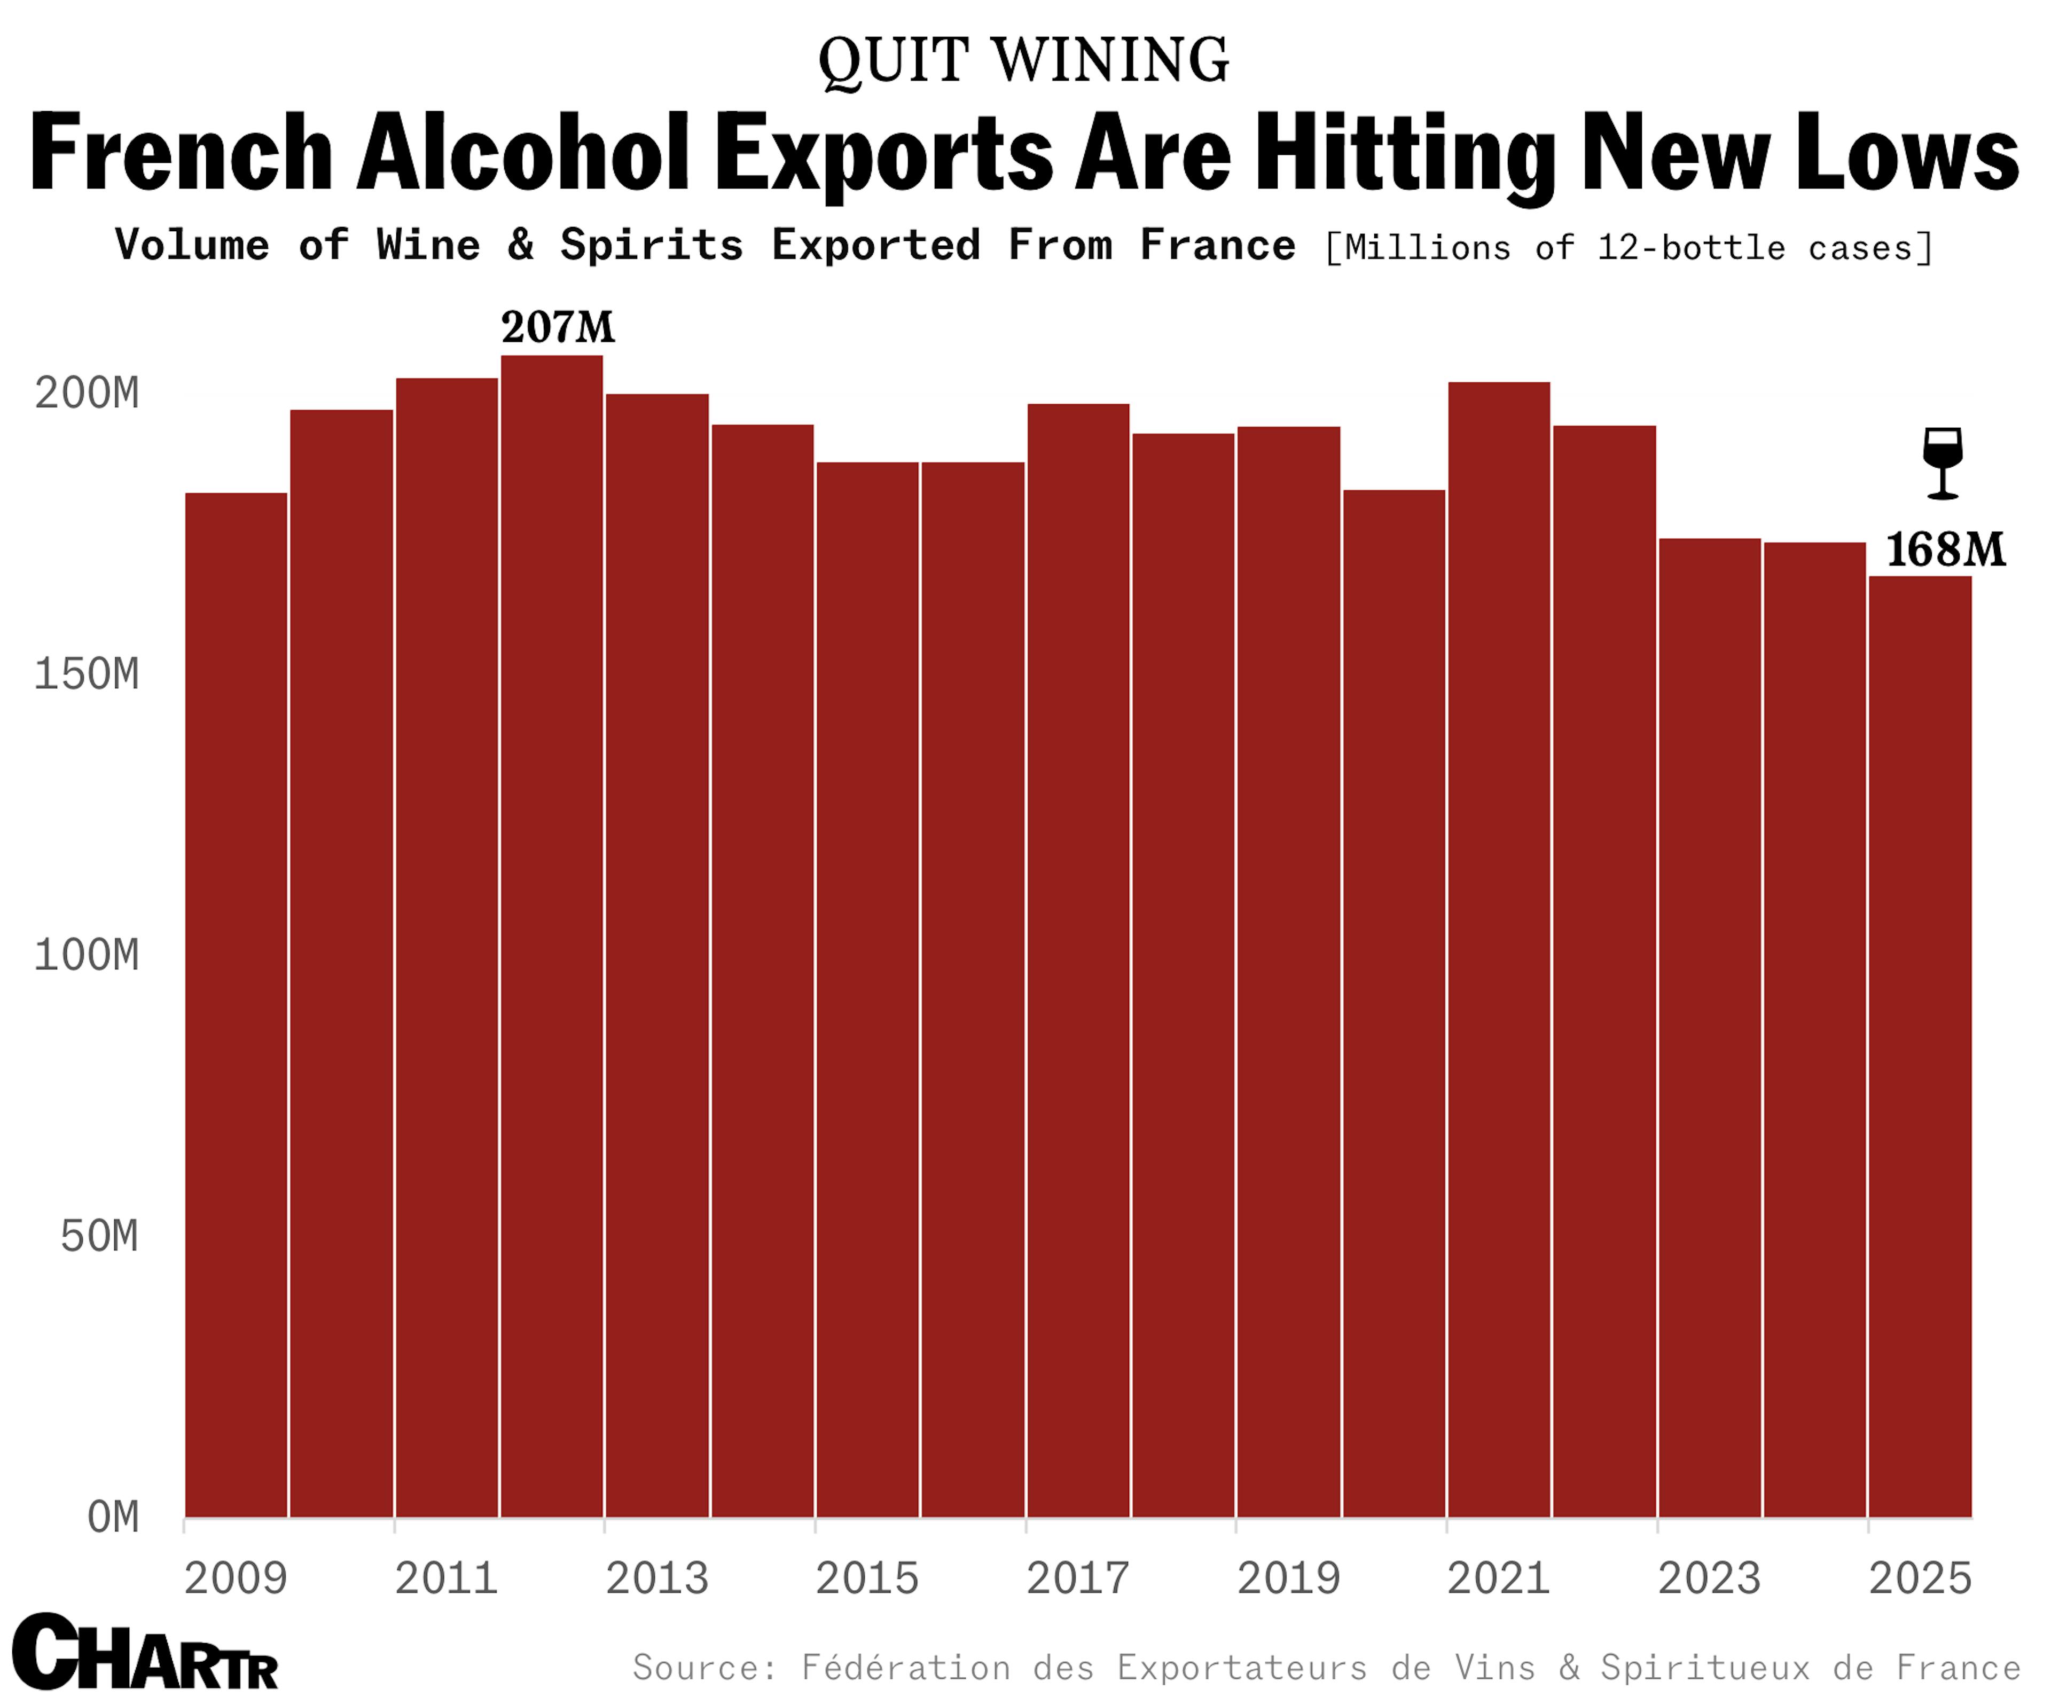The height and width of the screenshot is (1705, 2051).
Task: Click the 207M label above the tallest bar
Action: tap(558, 328)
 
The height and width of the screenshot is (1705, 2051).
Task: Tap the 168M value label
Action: tap(1945, 550)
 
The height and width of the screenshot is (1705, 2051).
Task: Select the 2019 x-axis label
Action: tap(1288, 1579)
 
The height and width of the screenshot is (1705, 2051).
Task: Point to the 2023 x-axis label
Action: tap(1709, 1579)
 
